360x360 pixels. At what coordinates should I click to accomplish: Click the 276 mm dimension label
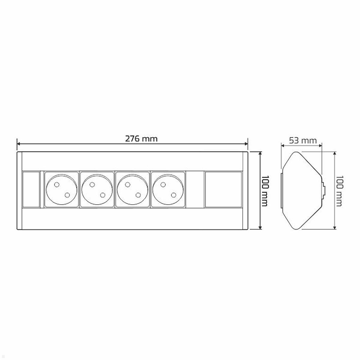[141, 139]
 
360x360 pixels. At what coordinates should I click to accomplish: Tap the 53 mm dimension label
[303, 140]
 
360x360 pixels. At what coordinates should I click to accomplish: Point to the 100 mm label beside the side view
[339, 191]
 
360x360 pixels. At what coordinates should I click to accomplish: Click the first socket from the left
[61, 190]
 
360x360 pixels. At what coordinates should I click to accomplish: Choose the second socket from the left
[97, 190]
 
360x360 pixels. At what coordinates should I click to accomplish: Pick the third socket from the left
[133, 190]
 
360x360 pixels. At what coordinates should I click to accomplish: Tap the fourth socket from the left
[168, 190]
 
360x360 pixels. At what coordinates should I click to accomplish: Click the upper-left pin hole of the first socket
[56, 185]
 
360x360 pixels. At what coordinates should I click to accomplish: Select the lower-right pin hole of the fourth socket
[174, 195]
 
